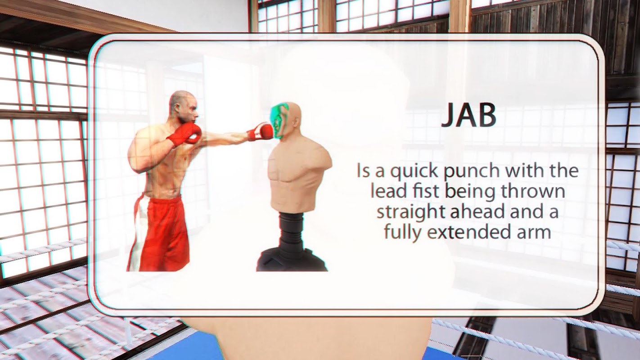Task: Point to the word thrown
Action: click(x=533, y=191)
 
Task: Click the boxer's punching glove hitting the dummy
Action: click(x=261, y=131)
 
